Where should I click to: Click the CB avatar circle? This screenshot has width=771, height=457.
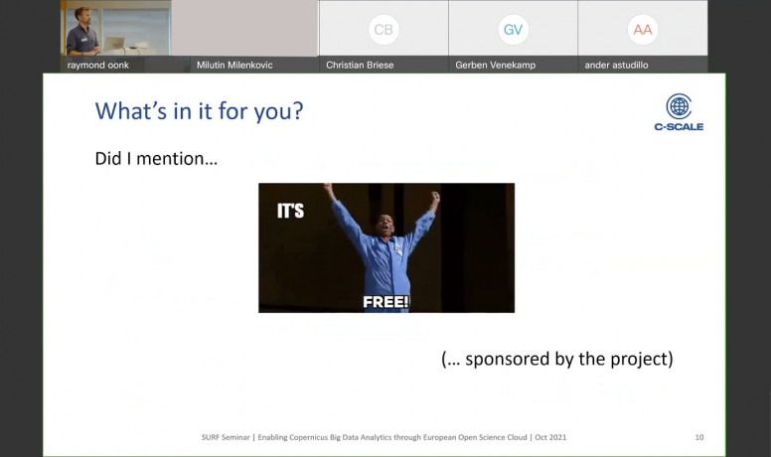(384, 30)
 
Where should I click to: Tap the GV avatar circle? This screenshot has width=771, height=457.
(513, 30)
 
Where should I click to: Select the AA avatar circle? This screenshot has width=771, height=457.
(643, 30)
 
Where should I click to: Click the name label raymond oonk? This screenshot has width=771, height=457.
(97, 65)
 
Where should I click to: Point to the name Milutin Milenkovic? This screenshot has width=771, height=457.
(234, 65)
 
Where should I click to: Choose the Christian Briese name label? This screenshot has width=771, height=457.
(360, 65)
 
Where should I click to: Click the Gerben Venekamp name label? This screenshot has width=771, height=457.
(495, 65)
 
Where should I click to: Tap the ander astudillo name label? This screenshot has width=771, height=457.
(616, 65)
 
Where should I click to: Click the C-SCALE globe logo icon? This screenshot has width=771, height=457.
(679, 105)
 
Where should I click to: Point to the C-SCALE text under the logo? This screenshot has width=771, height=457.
(679, 127)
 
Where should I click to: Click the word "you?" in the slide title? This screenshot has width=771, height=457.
(278, 112)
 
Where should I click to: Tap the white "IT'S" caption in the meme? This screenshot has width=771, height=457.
(290, 211)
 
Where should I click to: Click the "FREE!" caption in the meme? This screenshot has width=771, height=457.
(385, 302)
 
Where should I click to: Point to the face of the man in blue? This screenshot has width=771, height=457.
(385, 227)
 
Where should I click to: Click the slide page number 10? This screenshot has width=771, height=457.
(699, 437)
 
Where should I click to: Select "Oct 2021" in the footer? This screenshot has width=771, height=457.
(550, 437)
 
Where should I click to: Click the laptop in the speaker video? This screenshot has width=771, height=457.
(114, 45)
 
